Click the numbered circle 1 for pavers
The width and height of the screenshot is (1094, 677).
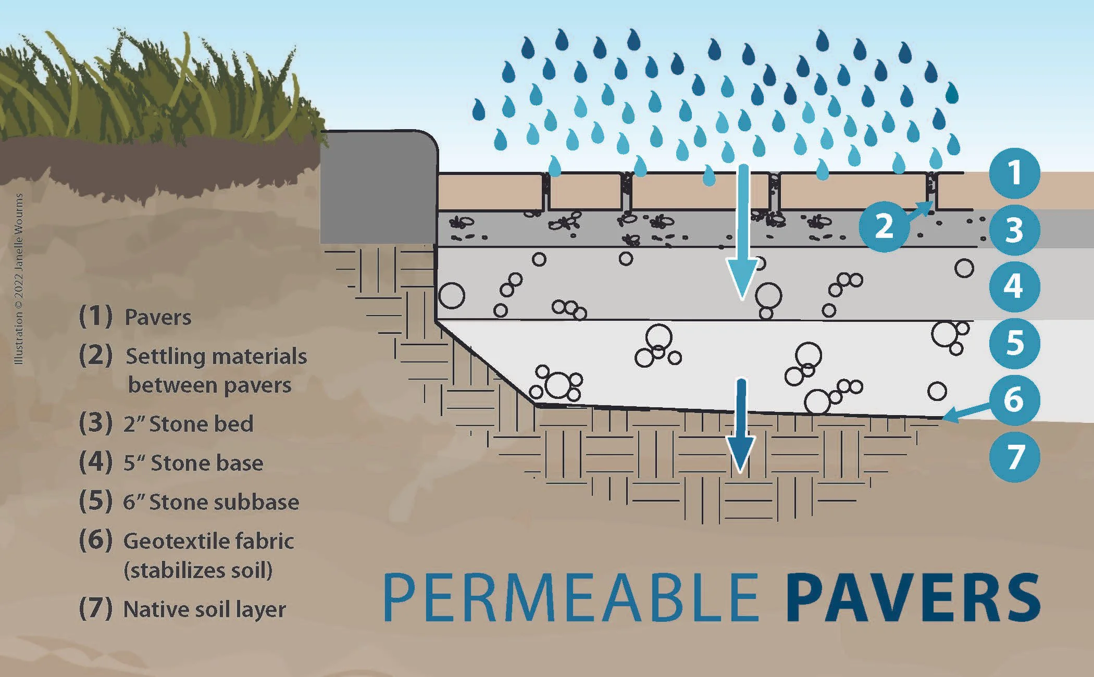click(1014, 173)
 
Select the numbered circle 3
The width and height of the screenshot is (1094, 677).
click(1014, 230)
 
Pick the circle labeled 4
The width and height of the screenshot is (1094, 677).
click(1014, 286)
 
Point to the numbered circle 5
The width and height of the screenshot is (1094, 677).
click(1014, 343)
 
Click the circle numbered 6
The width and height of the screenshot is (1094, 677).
click(1014, 400)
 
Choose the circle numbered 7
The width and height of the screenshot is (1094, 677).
click(1014, 457)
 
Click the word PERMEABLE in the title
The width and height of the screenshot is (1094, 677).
click(570, 597)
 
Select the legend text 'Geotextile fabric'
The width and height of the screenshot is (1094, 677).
click(208, 542)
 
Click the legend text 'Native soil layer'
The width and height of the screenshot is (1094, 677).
click(204, 609)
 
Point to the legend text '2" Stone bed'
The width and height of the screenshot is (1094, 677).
click(188, 424)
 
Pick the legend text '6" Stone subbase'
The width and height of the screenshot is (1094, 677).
click(211, 502)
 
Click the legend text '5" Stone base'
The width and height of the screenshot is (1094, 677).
click(193, 463)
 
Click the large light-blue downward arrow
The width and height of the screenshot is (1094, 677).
click(743, 234)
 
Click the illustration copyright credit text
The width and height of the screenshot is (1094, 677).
click(19, 279)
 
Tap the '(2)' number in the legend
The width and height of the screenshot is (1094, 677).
click(95, 355)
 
